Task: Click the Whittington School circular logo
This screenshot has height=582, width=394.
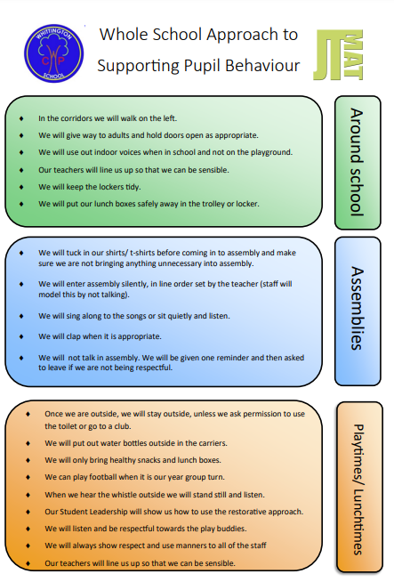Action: (53, 53)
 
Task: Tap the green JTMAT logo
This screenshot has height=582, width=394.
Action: (338, 55)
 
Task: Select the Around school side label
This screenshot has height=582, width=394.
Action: (357, 162)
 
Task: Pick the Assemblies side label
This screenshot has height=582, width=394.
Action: (358, 308)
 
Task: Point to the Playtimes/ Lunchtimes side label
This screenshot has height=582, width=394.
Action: (358, 489)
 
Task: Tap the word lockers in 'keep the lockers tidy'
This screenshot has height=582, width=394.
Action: (111, 187)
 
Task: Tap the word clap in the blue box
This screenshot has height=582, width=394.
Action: (73, 336)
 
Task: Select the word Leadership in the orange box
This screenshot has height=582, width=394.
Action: (109, 512)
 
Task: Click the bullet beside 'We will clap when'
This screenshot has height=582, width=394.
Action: (21, 336)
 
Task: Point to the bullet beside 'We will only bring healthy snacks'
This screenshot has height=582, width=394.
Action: (28, 460)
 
